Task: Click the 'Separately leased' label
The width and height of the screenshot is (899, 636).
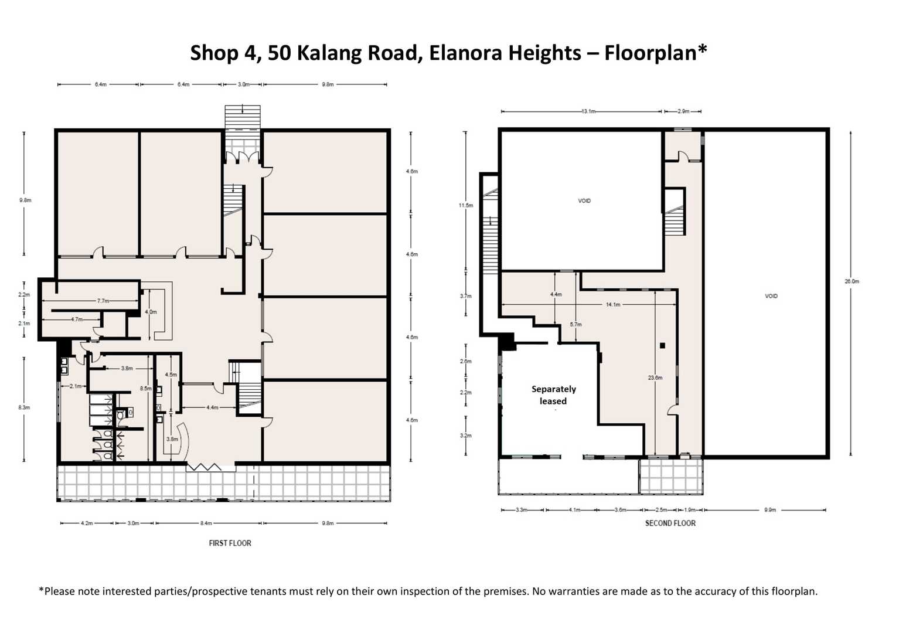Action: coord(553,395)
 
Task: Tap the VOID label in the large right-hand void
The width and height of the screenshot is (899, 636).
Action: coord(771,296)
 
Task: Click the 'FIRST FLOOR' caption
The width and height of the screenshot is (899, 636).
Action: coord(230,543)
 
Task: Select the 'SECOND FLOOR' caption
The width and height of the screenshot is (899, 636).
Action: coord(670,523)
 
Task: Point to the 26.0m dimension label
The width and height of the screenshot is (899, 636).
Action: coord(851,281)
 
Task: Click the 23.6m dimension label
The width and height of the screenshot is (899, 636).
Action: coord(655,377)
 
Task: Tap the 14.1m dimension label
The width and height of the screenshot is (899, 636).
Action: coord(612,304)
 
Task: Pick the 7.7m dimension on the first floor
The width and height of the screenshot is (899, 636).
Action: coord(103,301)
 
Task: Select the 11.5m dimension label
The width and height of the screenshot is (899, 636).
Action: coord(465,206)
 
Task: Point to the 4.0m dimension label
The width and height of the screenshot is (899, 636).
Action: coord(151,312)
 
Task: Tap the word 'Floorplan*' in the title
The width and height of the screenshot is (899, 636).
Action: coord(655,53)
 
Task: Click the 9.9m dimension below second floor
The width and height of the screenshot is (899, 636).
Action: coord(769,510)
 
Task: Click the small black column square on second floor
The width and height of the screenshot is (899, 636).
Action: coord(662,346)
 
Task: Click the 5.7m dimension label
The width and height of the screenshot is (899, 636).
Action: coord(575,324)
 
